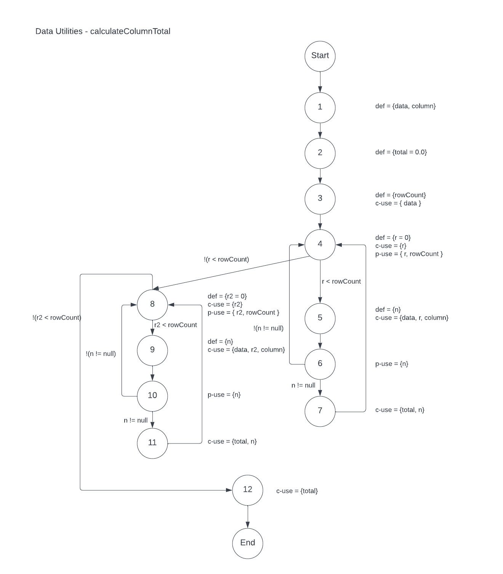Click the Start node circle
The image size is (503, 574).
click(x=320, y=56)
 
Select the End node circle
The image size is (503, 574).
click(x=247, y=543)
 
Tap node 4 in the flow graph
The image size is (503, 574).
click(x=320, y=244)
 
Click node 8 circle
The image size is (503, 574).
click(x=152, y=304)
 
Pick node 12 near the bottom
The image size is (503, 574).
click(x=247, y=490)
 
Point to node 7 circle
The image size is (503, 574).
click(x=320, y=411)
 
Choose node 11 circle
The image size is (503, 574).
click(x=152, y=443)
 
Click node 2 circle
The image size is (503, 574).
click(x=320, y=153)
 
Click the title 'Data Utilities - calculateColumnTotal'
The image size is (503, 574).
click(x=103, y=31)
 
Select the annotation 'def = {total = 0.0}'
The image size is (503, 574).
click(x=401, y=152)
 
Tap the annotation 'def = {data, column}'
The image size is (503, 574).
click(x=405, y=106)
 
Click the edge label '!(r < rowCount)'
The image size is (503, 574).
click(x=226, y=260)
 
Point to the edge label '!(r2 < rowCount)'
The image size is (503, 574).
click(x=57, y=318)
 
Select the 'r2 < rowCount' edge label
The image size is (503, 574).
click(x=175, y=325)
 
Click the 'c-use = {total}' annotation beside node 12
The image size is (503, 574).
click(x=297, y=491)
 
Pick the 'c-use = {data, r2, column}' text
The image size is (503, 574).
click(x=246, y=350)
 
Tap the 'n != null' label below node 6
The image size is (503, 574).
click(x=303, y=386)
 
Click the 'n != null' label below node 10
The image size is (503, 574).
click(x=136, y=421)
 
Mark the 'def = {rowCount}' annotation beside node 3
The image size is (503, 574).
click(x=400, y=195)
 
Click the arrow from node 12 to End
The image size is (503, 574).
click(x=247, y=517)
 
